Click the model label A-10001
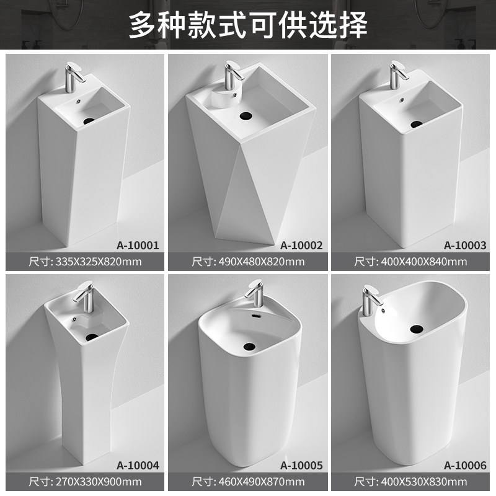138,246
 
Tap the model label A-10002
301,246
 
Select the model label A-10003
464,246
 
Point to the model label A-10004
138,466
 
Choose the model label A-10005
301,466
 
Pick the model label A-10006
464,466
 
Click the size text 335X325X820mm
99,262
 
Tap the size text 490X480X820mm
261,262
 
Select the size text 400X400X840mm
424,262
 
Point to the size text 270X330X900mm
99,482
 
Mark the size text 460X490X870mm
261,482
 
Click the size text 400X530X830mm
424,482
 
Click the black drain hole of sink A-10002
246,115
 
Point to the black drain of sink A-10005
249,347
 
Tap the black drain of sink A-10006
417,329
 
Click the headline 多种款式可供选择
248,25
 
